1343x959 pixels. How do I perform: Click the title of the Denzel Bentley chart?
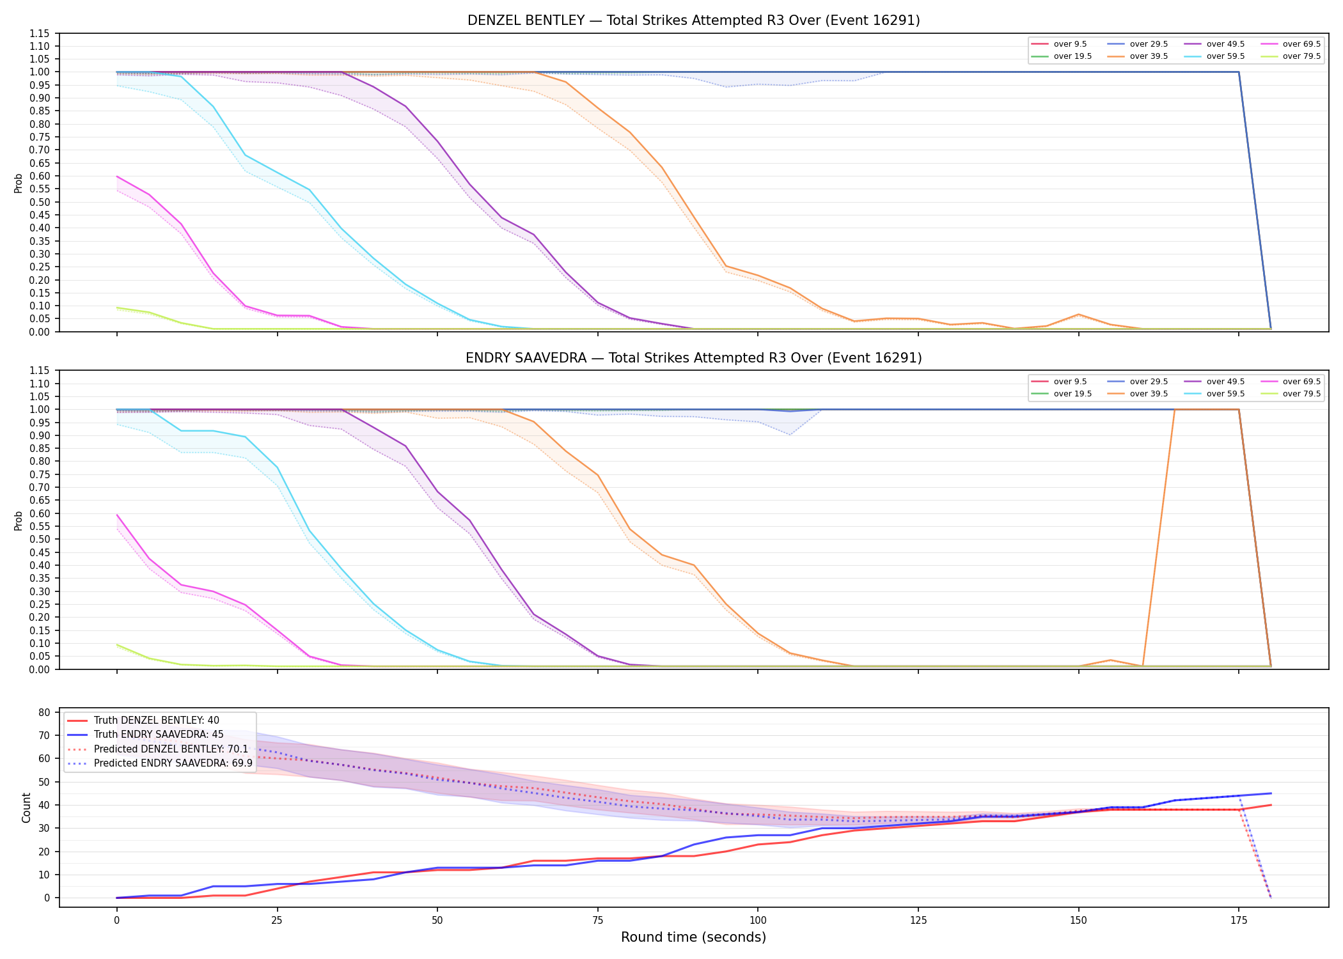tap(693, 20)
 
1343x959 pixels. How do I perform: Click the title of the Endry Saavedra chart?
tap(693, 358)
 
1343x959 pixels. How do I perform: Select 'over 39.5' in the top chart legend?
tap(1149, 56)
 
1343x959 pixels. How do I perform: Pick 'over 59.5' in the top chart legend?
tap(1225, 56)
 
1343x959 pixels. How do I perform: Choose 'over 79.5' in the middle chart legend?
tap(1301, 394)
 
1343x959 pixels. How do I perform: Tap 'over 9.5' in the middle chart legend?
tap(1071, 382)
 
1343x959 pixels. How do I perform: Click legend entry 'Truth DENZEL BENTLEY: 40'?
tap(157, 721)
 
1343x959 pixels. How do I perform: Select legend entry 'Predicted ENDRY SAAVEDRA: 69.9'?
tap(173, 763)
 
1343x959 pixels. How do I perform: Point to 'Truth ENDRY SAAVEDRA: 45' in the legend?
tap(159, 735)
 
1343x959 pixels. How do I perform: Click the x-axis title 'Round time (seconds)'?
tap(693, 937)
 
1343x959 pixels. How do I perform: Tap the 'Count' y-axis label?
tap(26, 807)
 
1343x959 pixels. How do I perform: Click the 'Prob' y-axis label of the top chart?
tap(19, 183)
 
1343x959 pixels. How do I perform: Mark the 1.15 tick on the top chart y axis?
tap(39, 33)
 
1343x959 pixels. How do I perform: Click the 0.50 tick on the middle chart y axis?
tap(39, 539)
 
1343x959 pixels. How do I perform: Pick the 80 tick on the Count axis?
tap(44, 712)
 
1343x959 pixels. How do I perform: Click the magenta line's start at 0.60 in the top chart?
tap(116, 176)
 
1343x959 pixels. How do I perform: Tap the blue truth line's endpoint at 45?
tap(1271, 793)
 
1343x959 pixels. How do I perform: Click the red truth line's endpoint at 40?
tap(1271, 805)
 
